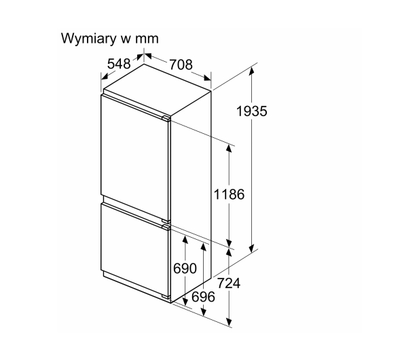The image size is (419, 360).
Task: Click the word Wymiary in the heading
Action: [x=89, y=39]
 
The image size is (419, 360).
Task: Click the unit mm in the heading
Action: [x=147, y=39]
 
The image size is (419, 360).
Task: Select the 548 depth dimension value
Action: [x=119, y=64]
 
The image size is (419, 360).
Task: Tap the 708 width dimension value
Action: [x=181, y=65]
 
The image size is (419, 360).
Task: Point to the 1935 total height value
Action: [x=252, y=111]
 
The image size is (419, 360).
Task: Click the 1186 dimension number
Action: [x=230, y=194]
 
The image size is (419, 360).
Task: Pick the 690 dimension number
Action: [x=185, y=268]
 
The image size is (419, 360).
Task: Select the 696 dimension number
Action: [x=203, y=297]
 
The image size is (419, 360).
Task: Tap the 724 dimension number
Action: [x=229, y=283]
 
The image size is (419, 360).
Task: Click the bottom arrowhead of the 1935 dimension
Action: [x=251, y=249]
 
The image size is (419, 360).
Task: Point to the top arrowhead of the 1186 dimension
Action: [x=229, y=148]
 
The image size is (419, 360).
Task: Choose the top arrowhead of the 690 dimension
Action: [x=185, y=240]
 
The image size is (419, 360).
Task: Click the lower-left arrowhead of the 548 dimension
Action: [x=105, y=76]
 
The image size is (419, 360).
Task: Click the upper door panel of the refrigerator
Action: [x=135, y=158]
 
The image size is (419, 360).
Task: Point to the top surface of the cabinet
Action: [x=158, y=90]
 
